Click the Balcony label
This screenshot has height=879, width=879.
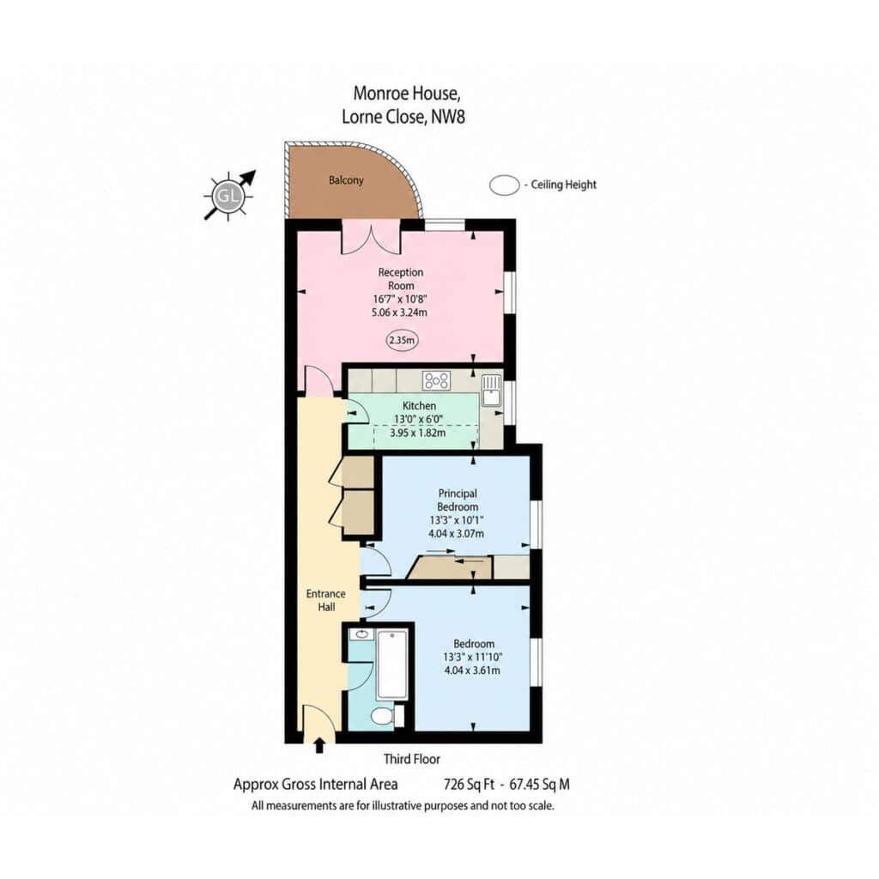[346, 180]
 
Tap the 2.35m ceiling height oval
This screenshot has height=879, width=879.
[402, 340]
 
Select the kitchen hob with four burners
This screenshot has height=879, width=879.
[436, 380]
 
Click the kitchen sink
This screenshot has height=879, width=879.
[492, 390]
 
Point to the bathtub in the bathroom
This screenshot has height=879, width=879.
[391, 665]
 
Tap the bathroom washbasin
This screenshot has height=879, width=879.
[361, 634]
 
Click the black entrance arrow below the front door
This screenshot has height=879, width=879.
[319, 745]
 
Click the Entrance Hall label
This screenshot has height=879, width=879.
[325, 600]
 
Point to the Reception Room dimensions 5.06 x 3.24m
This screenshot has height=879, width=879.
[400, 312]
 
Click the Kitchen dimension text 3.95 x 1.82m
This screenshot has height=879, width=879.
[418, 433]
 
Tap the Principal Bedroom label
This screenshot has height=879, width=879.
[458, 500]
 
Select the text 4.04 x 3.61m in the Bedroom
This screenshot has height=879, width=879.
[473, 670]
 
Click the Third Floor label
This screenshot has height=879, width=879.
[412, 759]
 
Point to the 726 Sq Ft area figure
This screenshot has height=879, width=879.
[470, 785]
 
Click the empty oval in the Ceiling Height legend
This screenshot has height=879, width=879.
[505, 185]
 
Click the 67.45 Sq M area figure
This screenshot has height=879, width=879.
[539, 785]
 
